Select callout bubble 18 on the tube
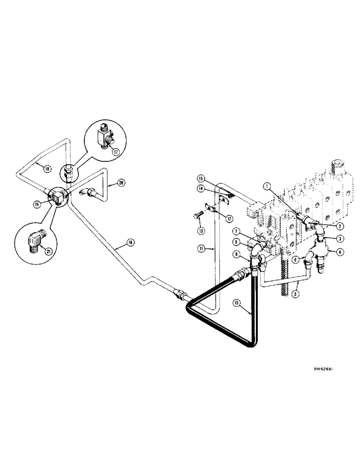(x=47, y=169)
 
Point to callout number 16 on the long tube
(x=130, y=242)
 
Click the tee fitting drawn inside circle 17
(x=105, y=136)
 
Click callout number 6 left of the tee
(x=296, y=259)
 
